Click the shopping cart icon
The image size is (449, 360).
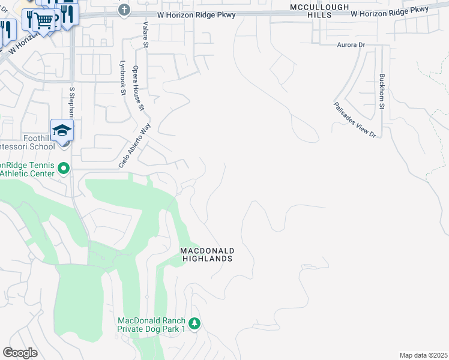(43, 20)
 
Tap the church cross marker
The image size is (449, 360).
(124, 10)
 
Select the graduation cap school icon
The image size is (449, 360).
(62, 130)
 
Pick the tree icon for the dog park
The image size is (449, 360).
(194, 324)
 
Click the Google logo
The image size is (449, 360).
(20, 353)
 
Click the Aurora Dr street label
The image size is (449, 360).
(351, 45)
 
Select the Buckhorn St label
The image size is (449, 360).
(382, 91)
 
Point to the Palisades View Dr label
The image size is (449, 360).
(355, 120)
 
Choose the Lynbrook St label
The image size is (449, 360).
(122, 77)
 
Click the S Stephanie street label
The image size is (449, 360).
(72, 102)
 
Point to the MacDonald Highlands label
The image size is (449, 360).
(207, 254)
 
